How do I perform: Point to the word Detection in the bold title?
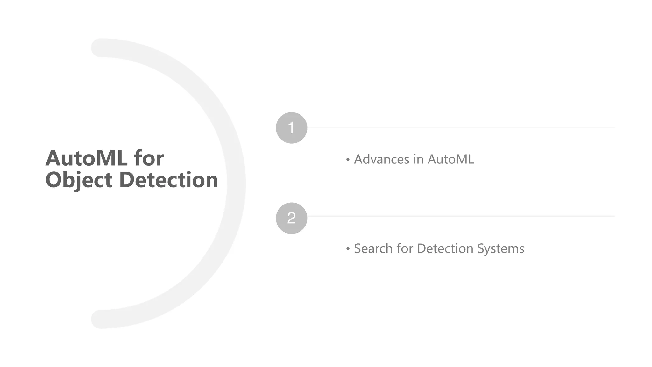pos(168,180)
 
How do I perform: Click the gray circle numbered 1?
pos(291,128)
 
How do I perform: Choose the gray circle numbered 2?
pos(291,218)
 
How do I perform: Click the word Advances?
pos(382,159)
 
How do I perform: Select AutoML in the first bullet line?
pos(450,159)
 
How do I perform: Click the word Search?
pos(373,248)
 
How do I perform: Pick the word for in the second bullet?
pos(404,248)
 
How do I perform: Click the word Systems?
pos(500,248)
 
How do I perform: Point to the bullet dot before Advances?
pos(348,159)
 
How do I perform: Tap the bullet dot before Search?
pos(348,248)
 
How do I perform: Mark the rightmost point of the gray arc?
pos(236,183)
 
